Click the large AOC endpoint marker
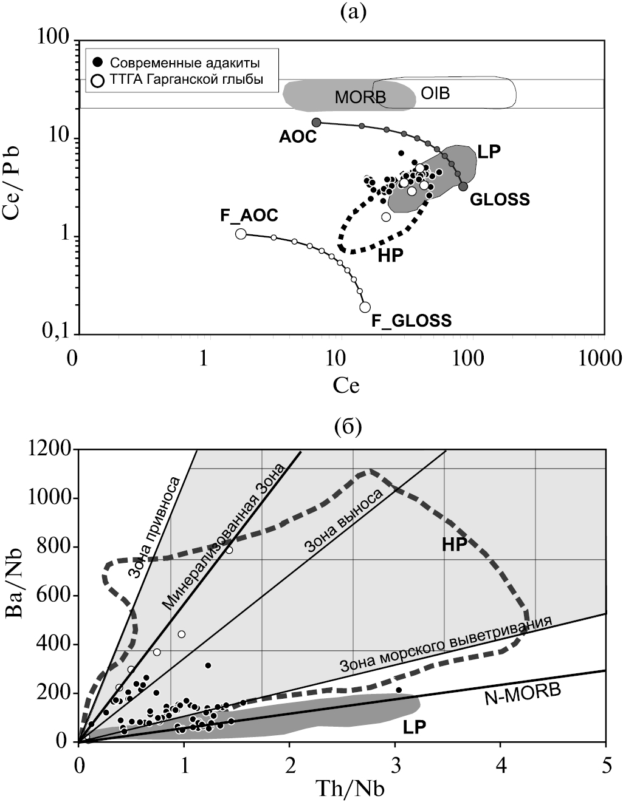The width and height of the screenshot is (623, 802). click(x=316, y=122)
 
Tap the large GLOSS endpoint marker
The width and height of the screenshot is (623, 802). click(x=463, y=186)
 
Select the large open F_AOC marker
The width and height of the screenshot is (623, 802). click(x=241, y=234)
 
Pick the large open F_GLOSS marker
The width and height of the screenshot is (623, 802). click(x=365, y=307)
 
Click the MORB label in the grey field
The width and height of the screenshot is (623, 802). click(x=360, y=97)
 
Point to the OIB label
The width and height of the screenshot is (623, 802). click(x=435, y=94)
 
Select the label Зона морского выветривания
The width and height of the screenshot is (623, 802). click(x=446, y=643)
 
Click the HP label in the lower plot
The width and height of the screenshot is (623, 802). click(x=454, y=545)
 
